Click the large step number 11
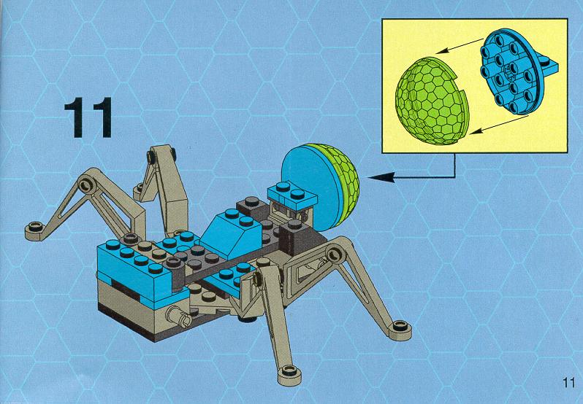pyautogui.click(x=88, y=117)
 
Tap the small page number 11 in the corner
pyautogui.click(x=569, y=382)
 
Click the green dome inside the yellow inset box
pyautogui.click(x=431, y=101)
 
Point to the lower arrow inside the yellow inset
pyautogui.click(x=498, y=124)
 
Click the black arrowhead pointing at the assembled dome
pyautogui.click(x=381, y=177)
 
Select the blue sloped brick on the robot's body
pyautogui.click(x=233, y=232)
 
